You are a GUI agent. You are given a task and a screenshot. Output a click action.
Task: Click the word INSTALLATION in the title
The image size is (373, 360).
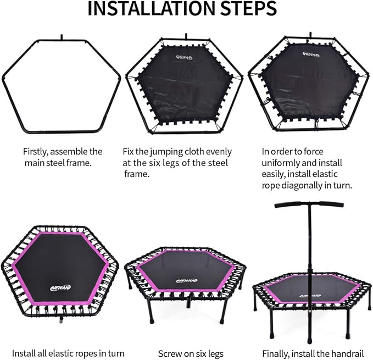(x=147, y=9)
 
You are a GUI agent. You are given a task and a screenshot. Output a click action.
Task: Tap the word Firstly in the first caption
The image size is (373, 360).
(x=36, y=152)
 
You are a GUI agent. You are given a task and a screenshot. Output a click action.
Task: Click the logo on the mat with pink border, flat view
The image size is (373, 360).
(x=60, y=287)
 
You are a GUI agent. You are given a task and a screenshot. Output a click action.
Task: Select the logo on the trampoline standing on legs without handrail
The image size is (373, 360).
(x=187, y=280)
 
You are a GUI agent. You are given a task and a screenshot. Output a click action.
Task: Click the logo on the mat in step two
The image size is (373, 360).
(x=185, y=57)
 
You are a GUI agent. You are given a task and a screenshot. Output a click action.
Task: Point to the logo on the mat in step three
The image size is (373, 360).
(x=311, y=54)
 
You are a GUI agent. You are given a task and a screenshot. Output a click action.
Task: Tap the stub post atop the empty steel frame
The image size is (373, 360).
(x=62, y=37)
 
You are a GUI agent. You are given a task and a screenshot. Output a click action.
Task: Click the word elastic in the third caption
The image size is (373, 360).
(x=325, y=174)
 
